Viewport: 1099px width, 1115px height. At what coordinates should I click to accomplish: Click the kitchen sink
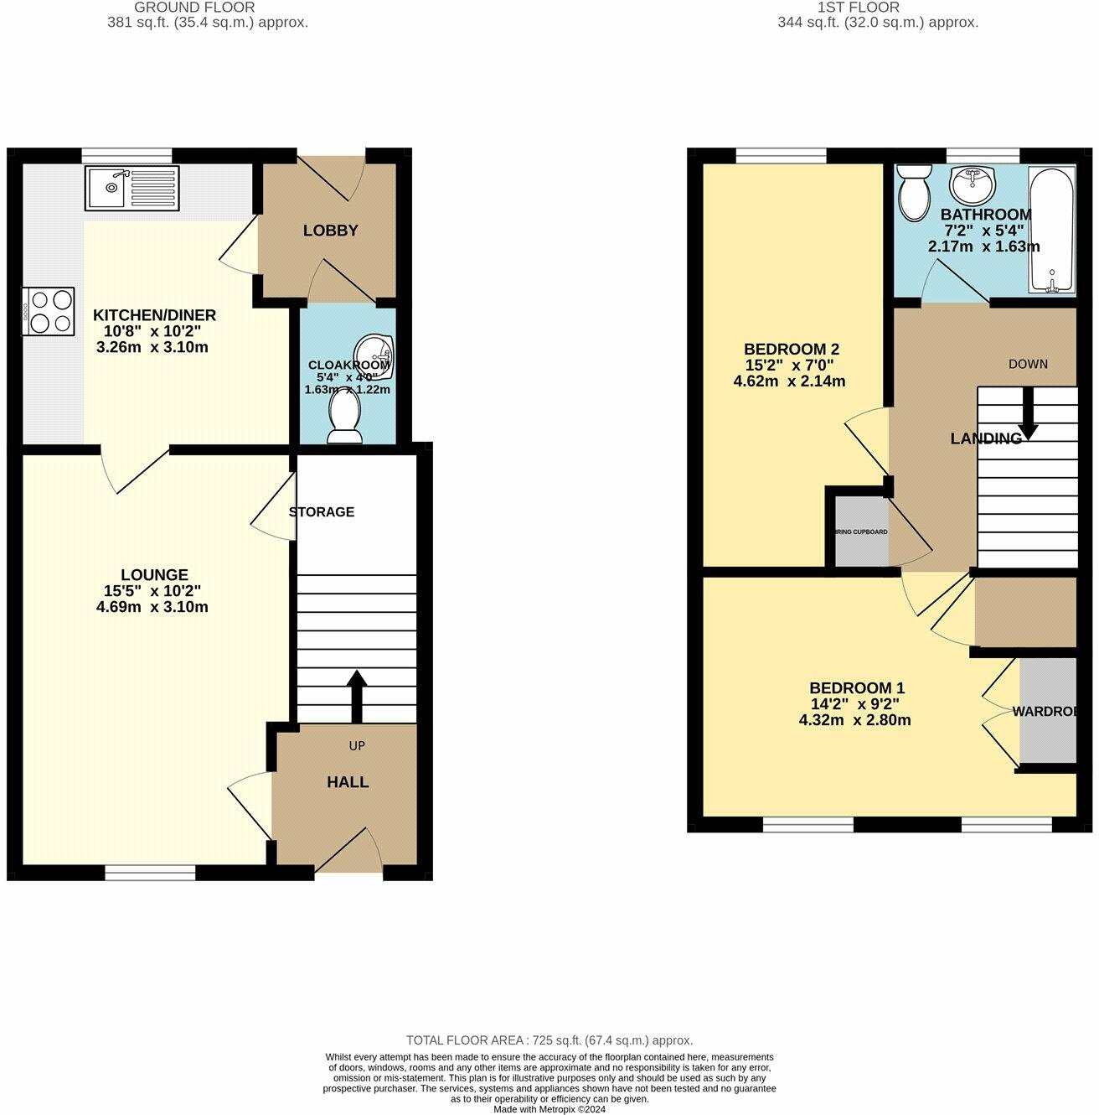tap(132, 188)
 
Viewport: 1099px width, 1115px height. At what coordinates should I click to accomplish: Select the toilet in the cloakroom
tap(344, 417)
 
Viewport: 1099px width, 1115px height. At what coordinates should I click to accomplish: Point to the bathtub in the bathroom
tap(1052, 231)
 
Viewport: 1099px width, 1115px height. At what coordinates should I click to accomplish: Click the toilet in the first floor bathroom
tap(913, 190)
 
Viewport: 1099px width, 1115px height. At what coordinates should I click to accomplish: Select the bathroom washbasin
tap(972, 184)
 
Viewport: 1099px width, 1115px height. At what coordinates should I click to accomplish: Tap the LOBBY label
tap(330, 231)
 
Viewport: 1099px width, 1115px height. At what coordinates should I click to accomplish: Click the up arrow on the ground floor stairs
tap(357, 694)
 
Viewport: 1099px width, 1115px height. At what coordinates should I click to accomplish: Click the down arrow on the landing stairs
tap(1027, 413)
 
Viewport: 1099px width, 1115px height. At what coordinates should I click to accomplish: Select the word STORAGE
tap(322, 512)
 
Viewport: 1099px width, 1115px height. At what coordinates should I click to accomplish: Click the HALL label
tap(348, 782)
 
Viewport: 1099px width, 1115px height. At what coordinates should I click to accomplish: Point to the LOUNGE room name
tap(154, 575)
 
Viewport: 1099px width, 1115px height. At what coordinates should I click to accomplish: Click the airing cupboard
tap(861, 532)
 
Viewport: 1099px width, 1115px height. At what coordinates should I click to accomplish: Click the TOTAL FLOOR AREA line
tap(549, 1040)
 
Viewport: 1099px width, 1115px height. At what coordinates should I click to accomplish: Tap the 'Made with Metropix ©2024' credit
tap(549, 1109)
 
